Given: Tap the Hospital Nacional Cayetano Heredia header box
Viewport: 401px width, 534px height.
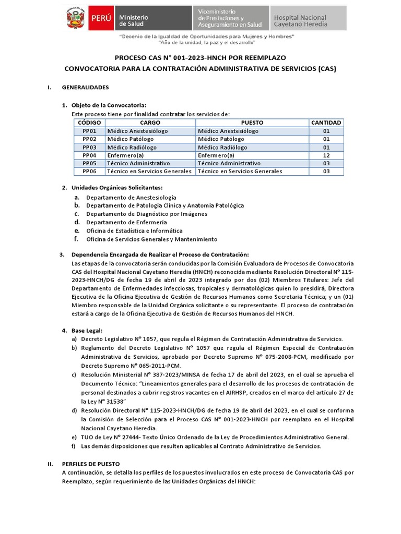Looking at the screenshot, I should [308, 18].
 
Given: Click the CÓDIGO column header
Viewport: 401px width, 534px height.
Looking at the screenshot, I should [89, 123].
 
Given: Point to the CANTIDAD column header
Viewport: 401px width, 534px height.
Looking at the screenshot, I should [326, 123].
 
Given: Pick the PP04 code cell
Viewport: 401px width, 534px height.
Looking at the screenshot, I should [89, 155].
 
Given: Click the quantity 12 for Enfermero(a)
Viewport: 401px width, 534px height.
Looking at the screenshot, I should [326, 155].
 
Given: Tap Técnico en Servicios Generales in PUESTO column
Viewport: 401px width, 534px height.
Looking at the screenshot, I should [240, 171].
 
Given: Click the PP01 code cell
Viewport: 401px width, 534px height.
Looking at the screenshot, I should [89, 131].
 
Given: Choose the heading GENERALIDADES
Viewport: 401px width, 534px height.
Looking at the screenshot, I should [85, 87].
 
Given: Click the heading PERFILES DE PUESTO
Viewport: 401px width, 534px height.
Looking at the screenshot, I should [91, 464].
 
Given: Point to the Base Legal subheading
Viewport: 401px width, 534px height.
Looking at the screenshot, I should [87, 330].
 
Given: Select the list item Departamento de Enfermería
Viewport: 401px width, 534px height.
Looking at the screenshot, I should [123, 222].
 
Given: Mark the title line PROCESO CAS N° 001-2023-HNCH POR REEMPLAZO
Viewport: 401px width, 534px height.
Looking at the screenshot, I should [200, 57].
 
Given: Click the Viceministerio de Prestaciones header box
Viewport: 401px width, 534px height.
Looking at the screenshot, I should [230, 18].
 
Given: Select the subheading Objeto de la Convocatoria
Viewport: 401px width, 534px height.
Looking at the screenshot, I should [109, 105].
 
